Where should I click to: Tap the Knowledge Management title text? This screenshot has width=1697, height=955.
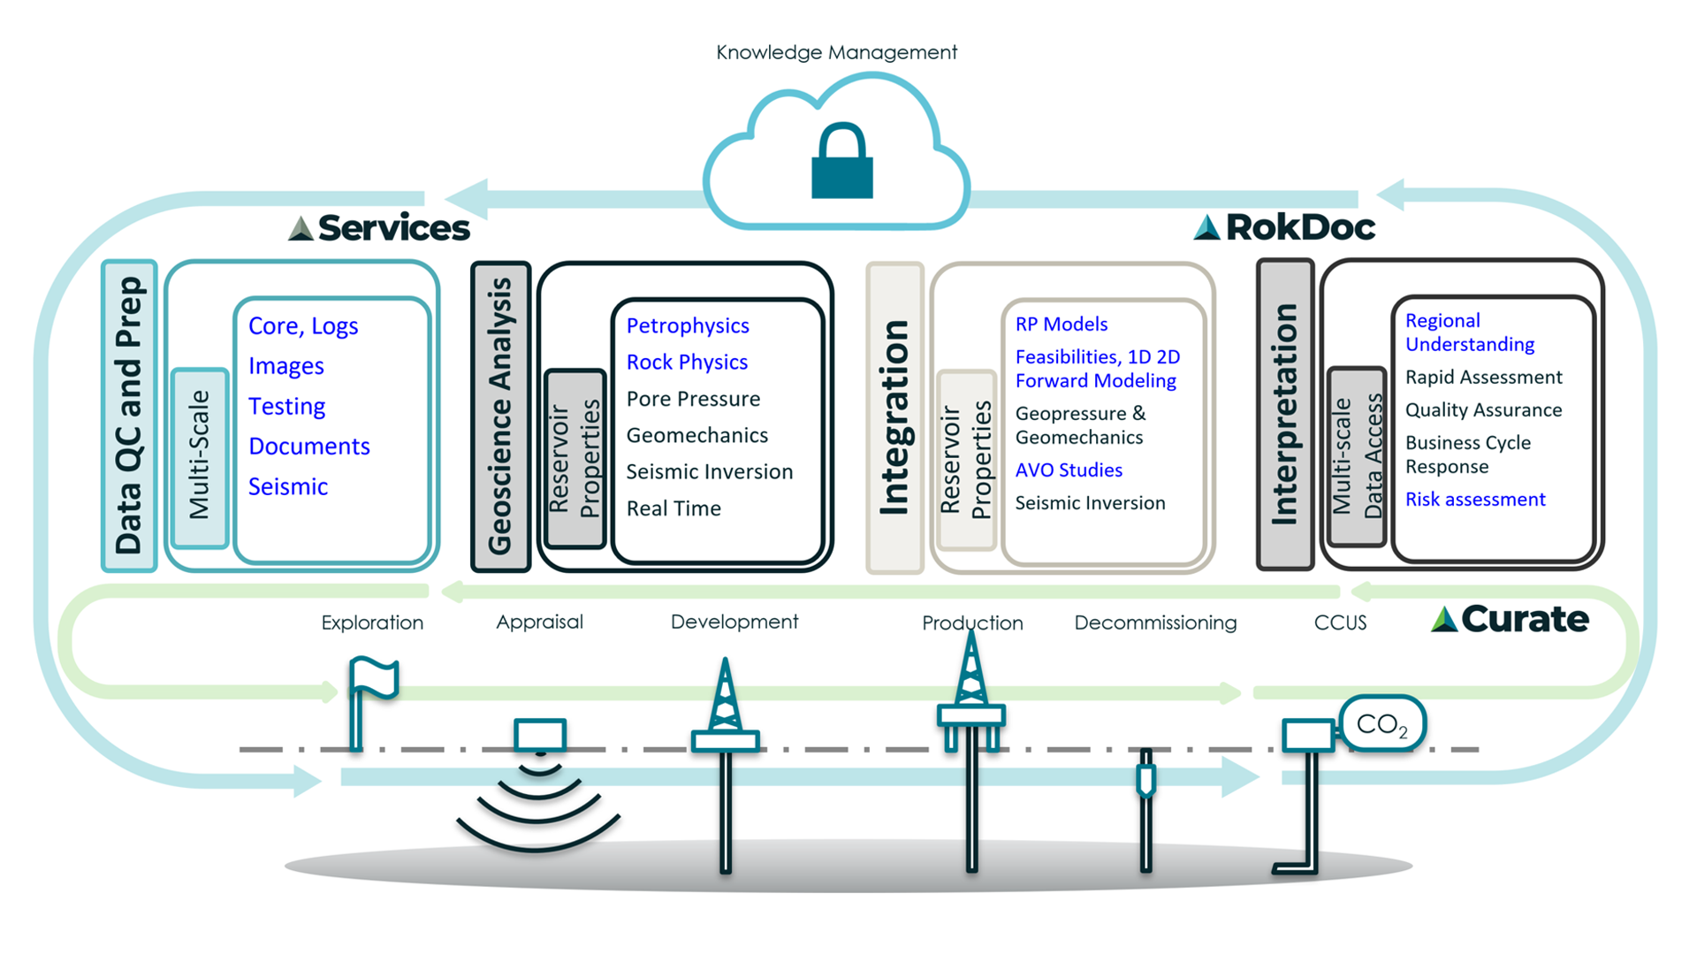click(x=836, y=52)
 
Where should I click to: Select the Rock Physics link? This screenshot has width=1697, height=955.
click(x=687, y=363)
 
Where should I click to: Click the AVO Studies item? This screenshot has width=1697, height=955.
click(x=1069, y=470)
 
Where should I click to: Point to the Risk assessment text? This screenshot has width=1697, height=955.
click(x=1475, y=500)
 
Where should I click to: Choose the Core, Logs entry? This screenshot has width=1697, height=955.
click(x=303, y=326)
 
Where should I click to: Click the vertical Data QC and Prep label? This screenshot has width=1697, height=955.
click(x=129, y=416)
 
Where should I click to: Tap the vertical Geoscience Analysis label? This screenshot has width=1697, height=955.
click(x=500, y=416)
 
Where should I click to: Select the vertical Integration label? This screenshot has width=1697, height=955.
click(x=894, y=417)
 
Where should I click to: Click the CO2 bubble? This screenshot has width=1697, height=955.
click(x=1381, y=724)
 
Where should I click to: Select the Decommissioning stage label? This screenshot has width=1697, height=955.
click(x=1155, y=623)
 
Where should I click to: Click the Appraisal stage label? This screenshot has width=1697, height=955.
click(x=539, y=622)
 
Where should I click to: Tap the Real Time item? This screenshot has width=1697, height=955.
click(x=673, y=508)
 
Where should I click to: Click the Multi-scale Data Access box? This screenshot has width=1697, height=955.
click(x=1356, y=456)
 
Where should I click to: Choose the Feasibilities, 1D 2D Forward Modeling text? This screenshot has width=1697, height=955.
click(x=1097, y=369)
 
